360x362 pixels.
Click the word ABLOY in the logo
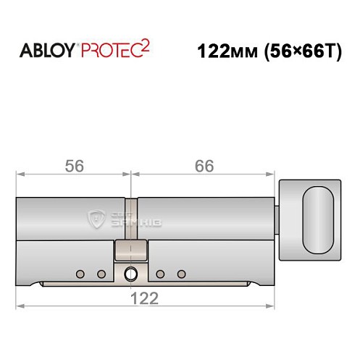(x=47, y=53)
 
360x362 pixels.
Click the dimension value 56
(x=74, y=165)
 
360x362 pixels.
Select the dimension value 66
(x=204, y=165)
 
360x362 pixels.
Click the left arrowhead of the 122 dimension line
(x=20, y=306)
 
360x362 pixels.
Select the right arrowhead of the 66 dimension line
(x=277, y=174)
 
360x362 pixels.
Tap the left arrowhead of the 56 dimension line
(x=20, y=174)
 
